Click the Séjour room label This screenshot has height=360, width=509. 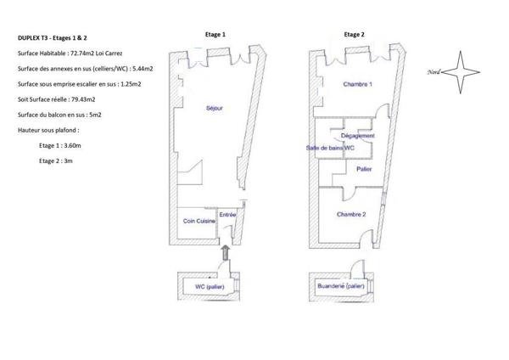click(x=215, y=108)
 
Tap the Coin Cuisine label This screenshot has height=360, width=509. click(x=199, y=221)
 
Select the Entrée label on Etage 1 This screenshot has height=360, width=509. click(x=227, y=215)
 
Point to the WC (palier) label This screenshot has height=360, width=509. click(x=210, y=287)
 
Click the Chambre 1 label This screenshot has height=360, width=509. click(x=358, y=84)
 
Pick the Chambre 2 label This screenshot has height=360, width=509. click(x=351, y=215)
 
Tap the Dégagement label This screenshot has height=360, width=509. click(x=358, y=136)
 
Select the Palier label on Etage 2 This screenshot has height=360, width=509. click(x=364, y=169)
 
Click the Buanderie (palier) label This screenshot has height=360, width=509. click(x=341, y=286)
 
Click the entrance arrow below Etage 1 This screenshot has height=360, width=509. click(x=226, y=253)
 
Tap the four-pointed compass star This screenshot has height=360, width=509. click(x=461, y=72)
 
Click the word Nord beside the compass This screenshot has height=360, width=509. click(x=433, y=72)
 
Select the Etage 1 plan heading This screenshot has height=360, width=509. click(x=215, y=35)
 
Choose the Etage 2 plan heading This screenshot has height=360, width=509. click(x=354, y=35)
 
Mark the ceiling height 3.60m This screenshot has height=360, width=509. click(x=72, y=145)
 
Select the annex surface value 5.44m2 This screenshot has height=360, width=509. click(x=143, y=69)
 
